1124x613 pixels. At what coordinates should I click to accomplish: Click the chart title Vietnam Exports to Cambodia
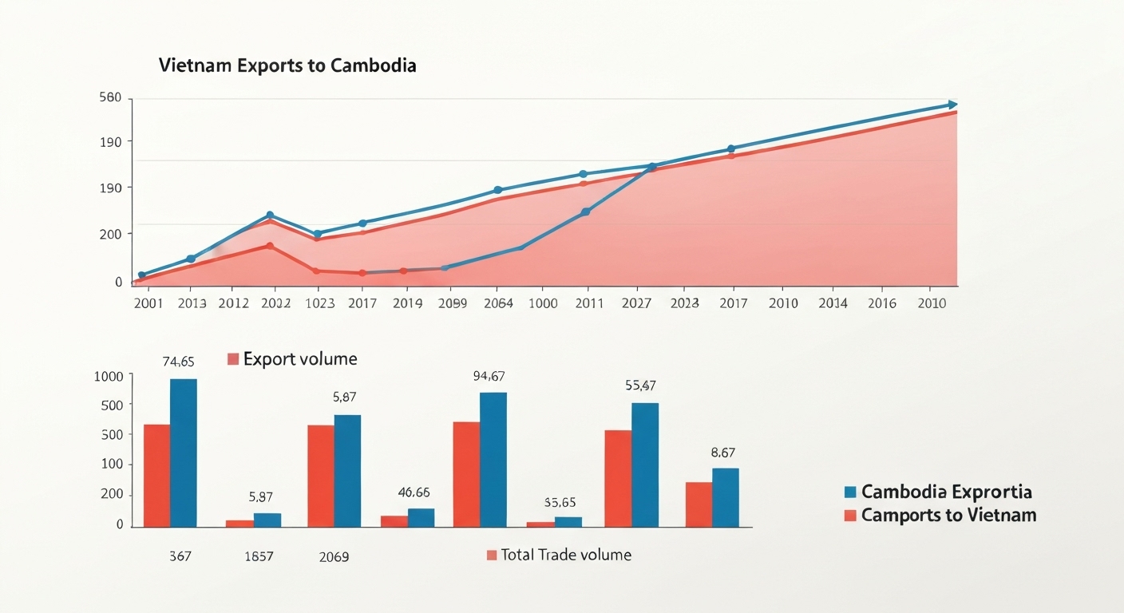[287, 65]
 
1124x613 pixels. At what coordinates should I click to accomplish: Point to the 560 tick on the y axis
[110, 98]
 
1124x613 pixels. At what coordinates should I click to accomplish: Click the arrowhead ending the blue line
[952, 105]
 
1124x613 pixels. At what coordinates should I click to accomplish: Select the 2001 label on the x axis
[148, 303]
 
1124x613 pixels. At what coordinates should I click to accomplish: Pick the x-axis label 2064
[497, 303]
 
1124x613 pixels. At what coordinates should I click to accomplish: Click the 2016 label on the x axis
[881, 303]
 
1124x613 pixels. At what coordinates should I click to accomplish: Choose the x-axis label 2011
[588, 303]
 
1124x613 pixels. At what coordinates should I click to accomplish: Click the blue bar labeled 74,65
[184, 453]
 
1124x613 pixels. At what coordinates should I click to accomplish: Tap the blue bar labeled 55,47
[645, 465]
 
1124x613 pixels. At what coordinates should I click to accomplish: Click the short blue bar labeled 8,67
[725, 496]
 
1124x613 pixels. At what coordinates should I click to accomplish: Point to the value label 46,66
[414, 492]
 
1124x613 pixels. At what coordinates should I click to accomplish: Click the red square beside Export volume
[233, 359]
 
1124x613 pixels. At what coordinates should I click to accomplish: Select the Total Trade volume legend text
[565, 555]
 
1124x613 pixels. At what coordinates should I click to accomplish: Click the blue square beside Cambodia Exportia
[850, 492]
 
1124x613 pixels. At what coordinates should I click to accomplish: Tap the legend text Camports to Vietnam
[948, 515]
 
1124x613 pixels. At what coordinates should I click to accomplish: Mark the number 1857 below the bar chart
[259, 556]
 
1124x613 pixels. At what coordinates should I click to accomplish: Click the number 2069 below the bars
[334, 556]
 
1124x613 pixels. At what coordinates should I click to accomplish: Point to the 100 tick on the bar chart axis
[113, 465]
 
